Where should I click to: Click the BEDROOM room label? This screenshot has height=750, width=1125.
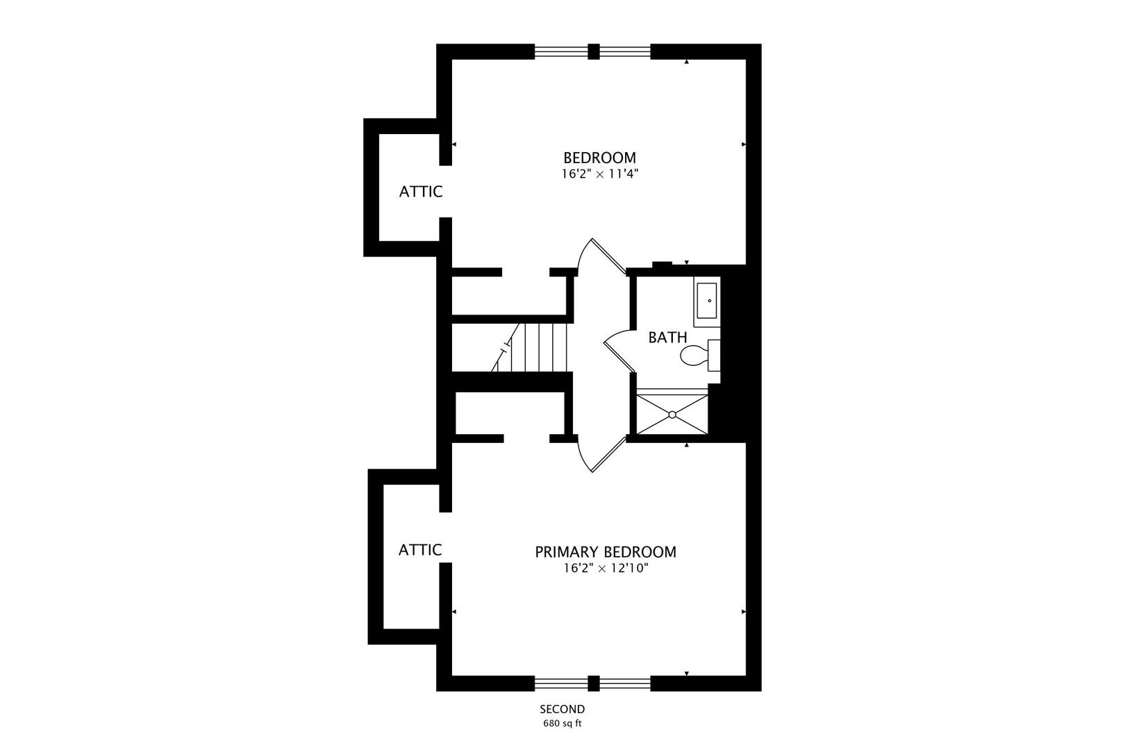tap(599, 158)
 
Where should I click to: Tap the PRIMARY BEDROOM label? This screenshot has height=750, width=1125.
tap(605, 552)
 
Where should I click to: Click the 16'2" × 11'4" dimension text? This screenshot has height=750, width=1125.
tap(599, 174)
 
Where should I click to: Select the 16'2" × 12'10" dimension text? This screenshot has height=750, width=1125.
tap(605, 569)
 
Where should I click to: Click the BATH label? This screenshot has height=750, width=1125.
tap(667, 337)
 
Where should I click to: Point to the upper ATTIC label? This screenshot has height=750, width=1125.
tap(421, 192)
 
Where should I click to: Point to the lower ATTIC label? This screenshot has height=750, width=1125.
tap(420, 550)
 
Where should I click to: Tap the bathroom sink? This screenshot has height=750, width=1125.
tap(707, 301)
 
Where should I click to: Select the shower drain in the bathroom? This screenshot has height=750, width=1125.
tap(672, 415)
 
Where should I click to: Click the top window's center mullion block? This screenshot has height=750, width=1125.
tap(593, 51)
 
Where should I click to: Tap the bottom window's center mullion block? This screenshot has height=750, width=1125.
tap(593, 683)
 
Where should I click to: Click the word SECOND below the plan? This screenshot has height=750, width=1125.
tap(562, 709)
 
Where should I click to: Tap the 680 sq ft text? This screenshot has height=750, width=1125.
tap(562, 724)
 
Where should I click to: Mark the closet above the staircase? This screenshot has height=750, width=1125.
tap(510, 295)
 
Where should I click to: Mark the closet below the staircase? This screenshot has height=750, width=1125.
tap(510, 415)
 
